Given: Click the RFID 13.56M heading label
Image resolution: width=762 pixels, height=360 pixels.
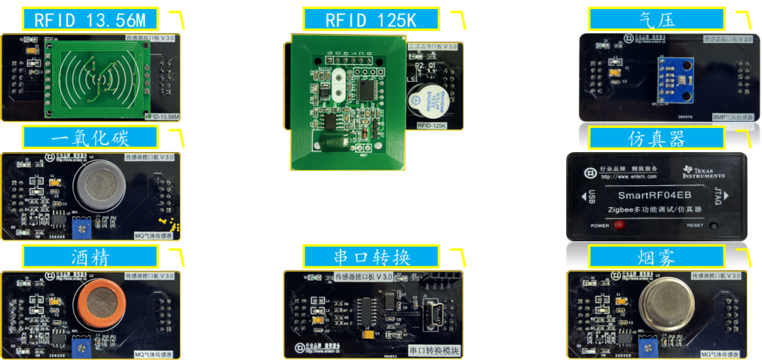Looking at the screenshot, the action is (91, 20).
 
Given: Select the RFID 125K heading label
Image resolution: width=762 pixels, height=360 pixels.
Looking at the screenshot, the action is (370, 20).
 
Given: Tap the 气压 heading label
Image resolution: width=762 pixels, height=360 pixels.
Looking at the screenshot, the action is (655, 20).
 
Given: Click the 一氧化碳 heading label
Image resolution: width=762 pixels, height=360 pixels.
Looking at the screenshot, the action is (91, 138).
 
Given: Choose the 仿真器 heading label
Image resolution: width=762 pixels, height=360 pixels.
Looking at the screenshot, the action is (655, 138).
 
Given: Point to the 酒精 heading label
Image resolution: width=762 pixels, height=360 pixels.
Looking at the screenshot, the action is (91, 256).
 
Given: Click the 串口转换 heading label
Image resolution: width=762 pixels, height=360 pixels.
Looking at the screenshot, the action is (370, 256).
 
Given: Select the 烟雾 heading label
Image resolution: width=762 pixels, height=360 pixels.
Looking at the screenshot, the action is (655, 256).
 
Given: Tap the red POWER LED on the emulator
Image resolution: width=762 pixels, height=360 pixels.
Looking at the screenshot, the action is (618, 225).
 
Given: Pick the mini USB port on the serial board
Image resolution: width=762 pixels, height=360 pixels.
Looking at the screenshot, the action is (437, 311).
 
